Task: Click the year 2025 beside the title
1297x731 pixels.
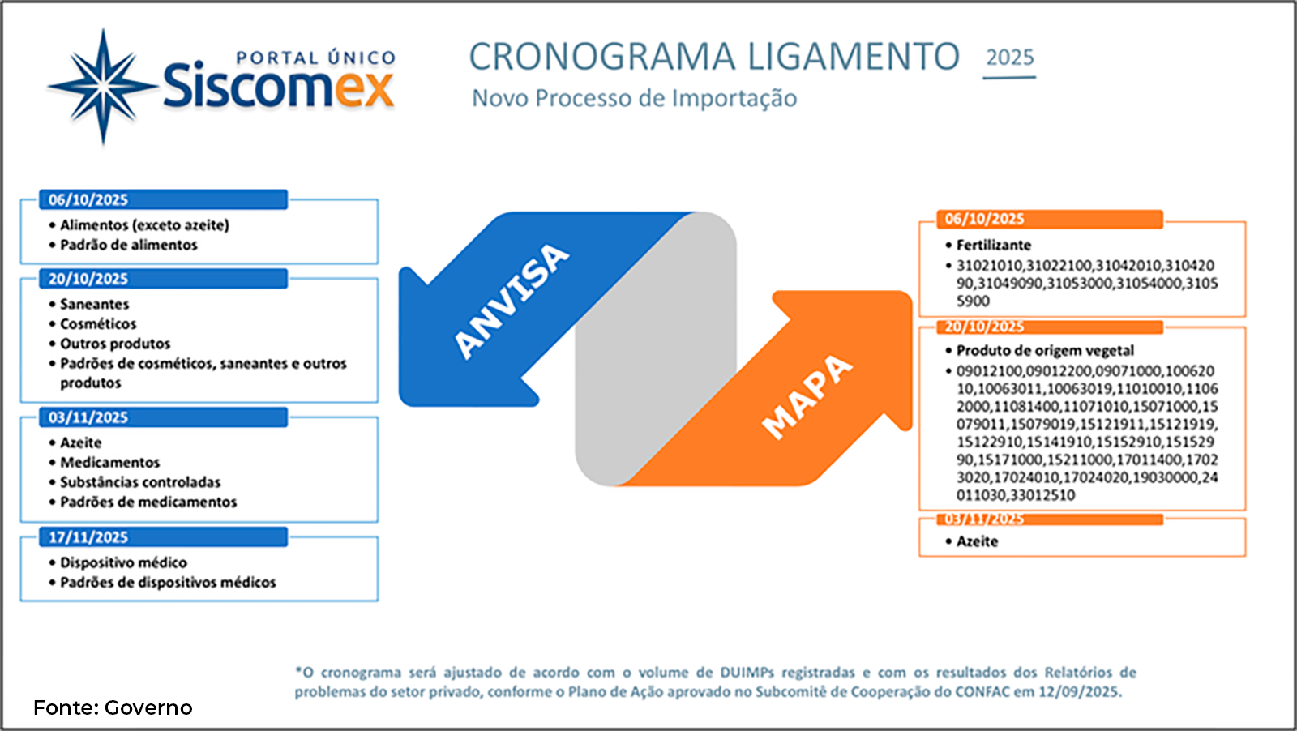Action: click(1009, 58)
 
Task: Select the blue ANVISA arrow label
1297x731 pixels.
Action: click(511, 300)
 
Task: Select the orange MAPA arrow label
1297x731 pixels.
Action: click(807, 396)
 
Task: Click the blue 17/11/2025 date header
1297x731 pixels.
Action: click(88, 537)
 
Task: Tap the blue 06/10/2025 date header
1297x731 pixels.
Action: click(88, 199)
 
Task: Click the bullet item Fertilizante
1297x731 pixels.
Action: click(994, 245)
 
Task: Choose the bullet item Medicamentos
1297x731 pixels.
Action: click(109, 462)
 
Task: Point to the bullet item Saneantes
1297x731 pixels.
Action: click(94, 304)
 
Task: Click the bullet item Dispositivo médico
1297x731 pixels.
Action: click(123, 562)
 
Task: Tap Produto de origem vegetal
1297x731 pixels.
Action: click(1045, 350)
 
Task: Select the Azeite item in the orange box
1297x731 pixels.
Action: click(977, 541)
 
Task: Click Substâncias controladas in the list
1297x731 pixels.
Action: click(140, 482)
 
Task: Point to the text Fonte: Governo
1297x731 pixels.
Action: click(113, 707)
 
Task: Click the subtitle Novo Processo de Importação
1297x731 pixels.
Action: click(634, 98)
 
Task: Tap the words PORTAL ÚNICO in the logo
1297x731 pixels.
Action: click(315, 58)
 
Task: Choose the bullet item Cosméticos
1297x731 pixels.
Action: click(98, 323)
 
